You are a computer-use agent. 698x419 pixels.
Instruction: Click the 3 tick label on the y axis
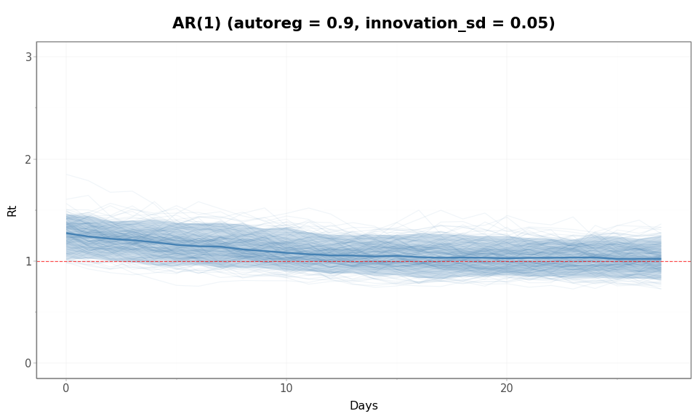click(28, 57)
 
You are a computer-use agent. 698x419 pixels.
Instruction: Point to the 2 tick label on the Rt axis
click(28, 159)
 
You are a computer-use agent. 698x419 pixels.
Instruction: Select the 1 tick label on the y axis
click(28, 261)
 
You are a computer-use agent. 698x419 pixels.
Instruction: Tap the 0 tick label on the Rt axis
click(28, 363)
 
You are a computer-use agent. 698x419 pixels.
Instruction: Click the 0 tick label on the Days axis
click(66, 388)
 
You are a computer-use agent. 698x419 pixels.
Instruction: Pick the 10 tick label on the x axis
click(286, 388)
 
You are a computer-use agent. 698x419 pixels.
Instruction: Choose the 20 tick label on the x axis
click(507, 388)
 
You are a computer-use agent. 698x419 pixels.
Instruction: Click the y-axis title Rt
click(12, 210)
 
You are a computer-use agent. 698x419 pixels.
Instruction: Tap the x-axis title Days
click(364, 406)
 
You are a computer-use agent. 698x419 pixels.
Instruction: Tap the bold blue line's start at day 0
click(66, 234)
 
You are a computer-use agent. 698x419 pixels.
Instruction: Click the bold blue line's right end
click(661, 259)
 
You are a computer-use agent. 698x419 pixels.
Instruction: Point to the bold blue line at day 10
click(286, 253)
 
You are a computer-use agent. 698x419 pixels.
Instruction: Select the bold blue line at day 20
click(507, 258)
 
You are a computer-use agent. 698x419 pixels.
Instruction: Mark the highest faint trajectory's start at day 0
click(66, 173)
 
